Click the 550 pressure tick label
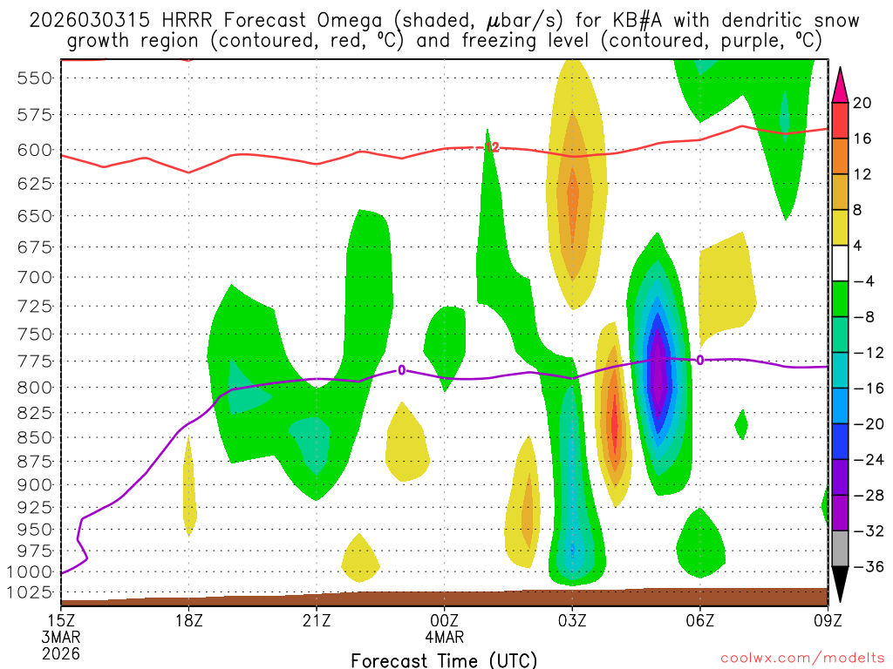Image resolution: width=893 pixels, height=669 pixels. [x=36, y=78]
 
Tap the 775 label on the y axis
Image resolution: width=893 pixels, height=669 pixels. [x=36, y=361]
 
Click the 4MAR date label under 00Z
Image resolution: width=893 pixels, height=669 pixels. [x=445, y=637]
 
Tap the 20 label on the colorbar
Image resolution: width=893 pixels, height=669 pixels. [x=862, y=103]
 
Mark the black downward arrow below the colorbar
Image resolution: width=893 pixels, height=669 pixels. [x=840, y=586]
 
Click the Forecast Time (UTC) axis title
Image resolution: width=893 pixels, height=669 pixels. [x=444, y=659]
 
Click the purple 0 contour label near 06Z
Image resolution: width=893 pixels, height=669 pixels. [x=699, y=360]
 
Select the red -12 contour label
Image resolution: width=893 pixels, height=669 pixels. [x=490, y=148]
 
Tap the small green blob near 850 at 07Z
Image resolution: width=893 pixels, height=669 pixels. [x=741, y=425]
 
